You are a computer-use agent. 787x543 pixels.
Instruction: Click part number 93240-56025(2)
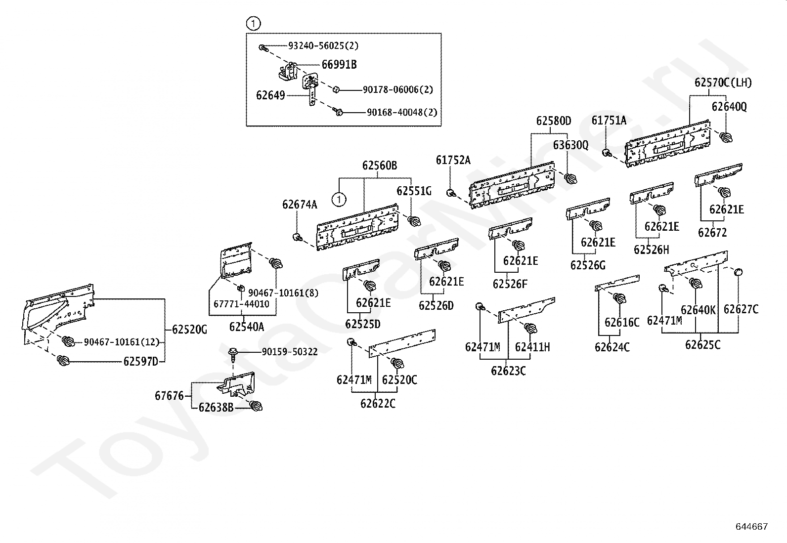323,45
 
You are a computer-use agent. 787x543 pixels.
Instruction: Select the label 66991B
339,65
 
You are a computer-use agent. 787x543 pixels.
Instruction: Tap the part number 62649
270,95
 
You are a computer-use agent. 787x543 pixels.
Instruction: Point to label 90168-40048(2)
402,112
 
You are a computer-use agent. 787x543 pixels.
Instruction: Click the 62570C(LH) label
723,83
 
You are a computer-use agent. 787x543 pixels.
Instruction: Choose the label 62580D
554,121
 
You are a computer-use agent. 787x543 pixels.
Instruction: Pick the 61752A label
453,160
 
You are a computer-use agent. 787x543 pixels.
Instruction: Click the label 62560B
380,166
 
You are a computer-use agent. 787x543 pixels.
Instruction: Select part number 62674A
300,205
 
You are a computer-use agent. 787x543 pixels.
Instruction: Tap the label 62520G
190,330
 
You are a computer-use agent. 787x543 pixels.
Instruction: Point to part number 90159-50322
290,352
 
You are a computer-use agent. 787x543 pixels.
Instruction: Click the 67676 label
170,396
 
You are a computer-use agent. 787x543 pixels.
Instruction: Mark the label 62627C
741,309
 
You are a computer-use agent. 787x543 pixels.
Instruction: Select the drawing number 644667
752,527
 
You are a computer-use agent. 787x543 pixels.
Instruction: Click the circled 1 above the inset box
254,24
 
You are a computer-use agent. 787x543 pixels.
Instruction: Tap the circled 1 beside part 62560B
339,200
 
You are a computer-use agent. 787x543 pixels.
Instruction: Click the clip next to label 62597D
63,360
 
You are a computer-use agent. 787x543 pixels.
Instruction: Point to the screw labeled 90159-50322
233,355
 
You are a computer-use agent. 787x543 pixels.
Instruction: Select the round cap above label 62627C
738,272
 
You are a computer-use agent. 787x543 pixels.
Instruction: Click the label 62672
712,233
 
